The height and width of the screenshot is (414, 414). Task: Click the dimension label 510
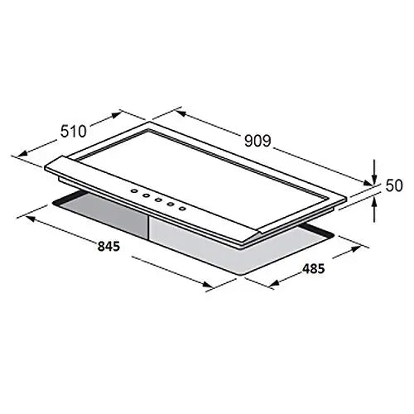[x=74, y=131]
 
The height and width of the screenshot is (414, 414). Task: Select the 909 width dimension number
[x=258, y=141]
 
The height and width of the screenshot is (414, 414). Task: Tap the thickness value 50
[x=394, y=185]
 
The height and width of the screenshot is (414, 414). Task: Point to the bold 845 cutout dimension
[x=108, y=247]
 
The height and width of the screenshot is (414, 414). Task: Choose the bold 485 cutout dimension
[x=314, y=268]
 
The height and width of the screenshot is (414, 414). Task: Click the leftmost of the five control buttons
[x=134, y=190]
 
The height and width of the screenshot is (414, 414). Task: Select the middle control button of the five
[x=158, y=200]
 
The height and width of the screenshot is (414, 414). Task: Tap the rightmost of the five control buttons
[x=181, y=209]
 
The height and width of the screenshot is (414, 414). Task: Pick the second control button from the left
[x=146, y=195]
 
